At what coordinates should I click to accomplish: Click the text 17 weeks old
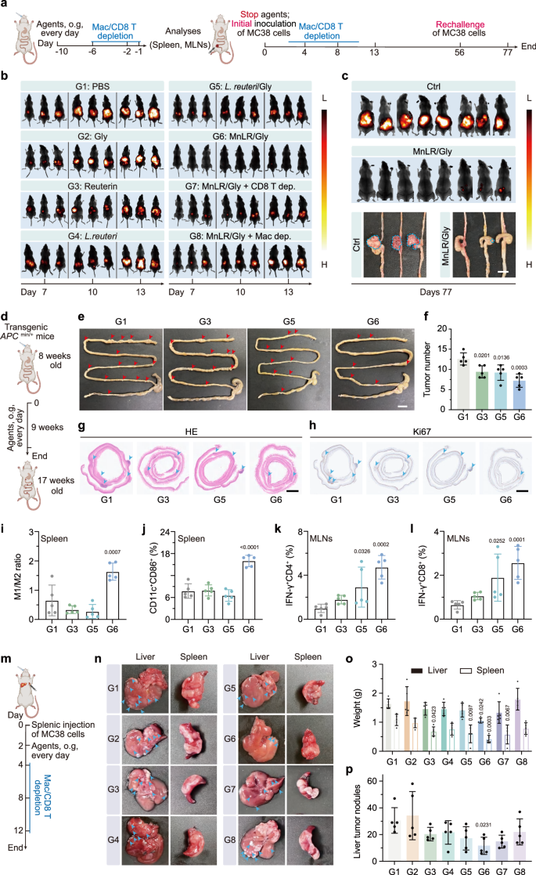point(48,490)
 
